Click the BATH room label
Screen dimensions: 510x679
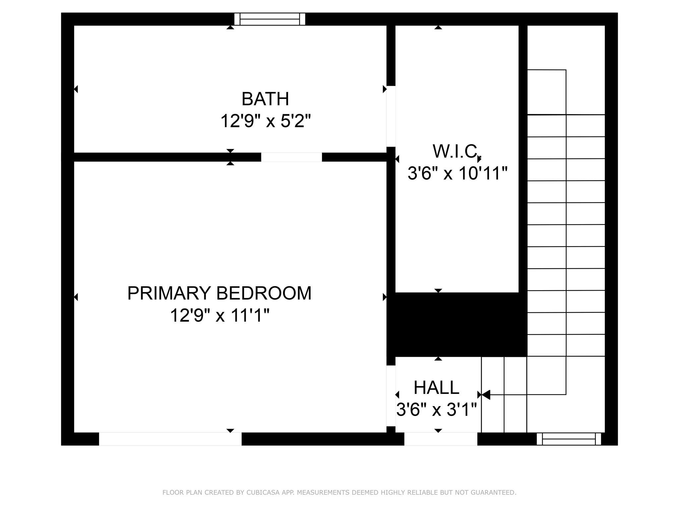coord(265,99)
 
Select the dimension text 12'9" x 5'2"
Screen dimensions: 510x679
coord(266,121)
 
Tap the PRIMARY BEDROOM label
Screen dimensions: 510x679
coord(219,293)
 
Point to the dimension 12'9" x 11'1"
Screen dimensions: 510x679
coord(219,315)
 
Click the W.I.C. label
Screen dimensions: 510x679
coord(456,151)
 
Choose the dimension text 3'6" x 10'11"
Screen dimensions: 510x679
coord(457,173)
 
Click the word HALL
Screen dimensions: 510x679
coord(436,387)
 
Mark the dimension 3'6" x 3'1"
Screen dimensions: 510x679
coord(436,409)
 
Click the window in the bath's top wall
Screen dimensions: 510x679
coord(270,19)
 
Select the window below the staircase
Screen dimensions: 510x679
coord(569,439)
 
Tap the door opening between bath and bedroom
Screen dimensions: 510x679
coord(291,157)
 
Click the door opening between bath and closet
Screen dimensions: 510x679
coord(391,116)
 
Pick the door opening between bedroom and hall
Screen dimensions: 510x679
coord(391,396)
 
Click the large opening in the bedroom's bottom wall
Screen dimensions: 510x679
coord(170,439)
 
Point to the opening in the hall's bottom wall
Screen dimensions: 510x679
coord(441,439)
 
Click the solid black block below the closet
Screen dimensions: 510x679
coord(457,325)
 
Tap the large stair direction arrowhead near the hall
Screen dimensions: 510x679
coord(486,395)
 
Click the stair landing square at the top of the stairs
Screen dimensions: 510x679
coord(546,92)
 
